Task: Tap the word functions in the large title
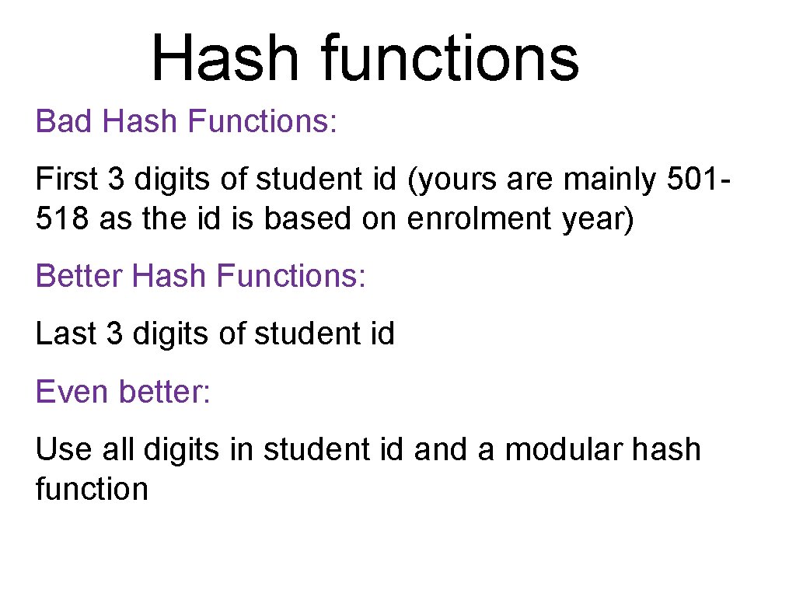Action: (x=450, y=58)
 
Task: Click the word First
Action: (x=67, y=180)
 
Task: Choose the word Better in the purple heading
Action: (x=79, y=276)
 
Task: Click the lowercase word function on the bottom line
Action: (x=92, y=489)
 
